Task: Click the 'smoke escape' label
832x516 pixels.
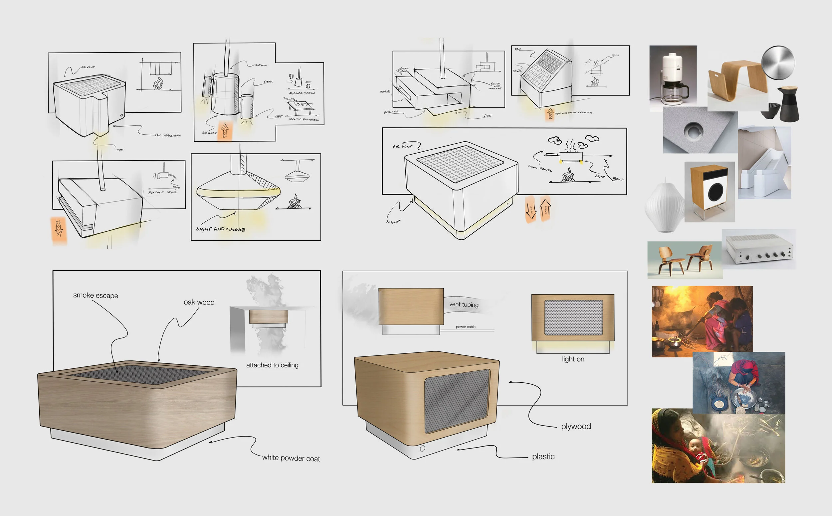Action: pyautogui.click(x=96, y=295)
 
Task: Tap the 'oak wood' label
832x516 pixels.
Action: pyautogui.click(x=199, y=302)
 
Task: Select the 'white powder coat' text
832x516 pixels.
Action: pyautogui.click(x=291, y=458)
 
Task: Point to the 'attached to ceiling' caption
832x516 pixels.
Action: pyautogui.click(x=272, y=365)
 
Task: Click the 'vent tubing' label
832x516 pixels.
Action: pyautogui.click(x=464, y=305)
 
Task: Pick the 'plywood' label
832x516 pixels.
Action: pyautogui.click(x=576, y=426)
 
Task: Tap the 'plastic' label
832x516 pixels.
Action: pyautogui.click(x=543, y=456)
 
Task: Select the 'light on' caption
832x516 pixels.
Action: pyautogui.click(x=573, y=359)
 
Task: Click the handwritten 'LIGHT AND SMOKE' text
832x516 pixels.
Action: pyautogui.click(x=221, y=229)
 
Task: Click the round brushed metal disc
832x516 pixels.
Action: pyautogui.click(x=778, y=63)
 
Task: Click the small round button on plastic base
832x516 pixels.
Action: pyautogui.click(x=422, y=449)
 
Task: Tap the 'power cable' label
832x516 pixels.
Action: pyautogui.click(x=466, y=327)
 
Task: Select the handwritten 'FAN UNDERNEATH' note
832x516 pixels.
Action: pyautogui.click(x=168, y=135)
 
